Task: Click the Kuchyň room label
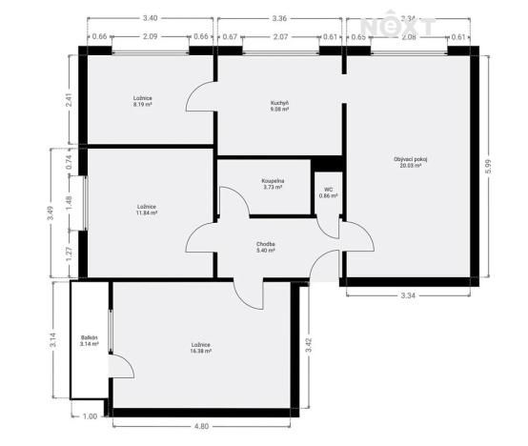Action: tap(279, 106)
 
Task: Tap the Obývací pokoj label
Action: tap(412, 161)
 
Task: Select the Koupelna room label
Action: tap(274, 183)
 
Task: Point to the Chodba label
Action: tap(266, 247)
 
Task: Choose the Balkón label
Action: tap(90, 341)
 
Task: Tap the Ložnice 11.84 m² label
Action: tap(147, 210)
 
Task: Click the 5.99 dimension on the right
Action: tap(488, 165)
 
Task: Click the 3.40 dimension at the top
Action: tap(150, 18)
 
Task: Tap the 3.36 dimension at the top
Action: tap(279, 18)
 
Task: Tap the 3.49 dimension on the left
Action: tap(51, 213)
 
